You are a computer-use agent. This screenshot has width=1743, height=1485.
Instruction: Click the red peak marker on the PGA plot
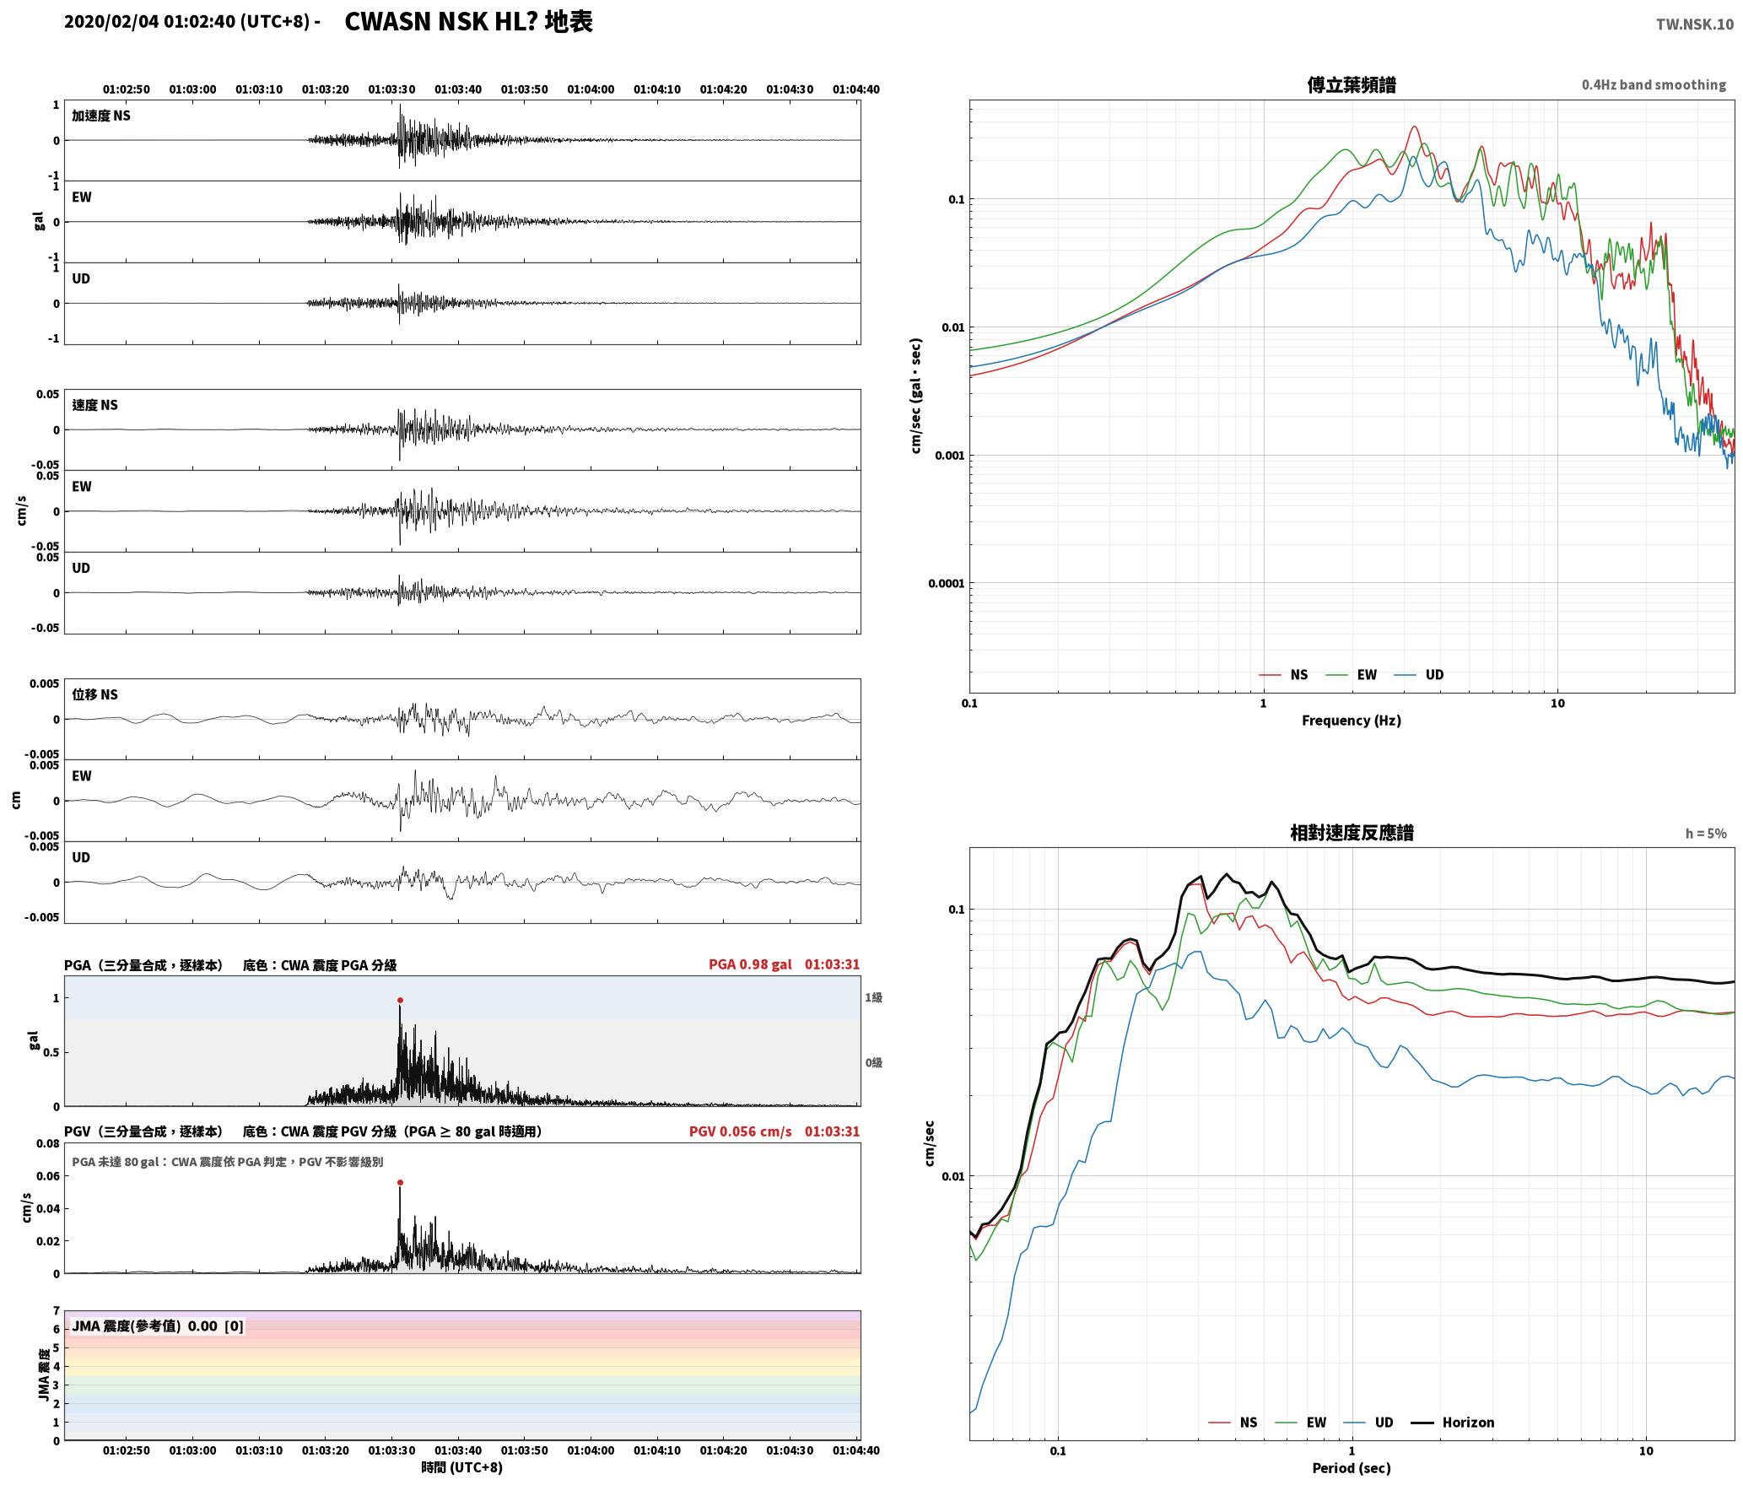400,1001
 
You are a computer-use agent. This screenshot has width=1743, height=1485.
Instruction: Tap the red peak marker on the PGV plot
400,1183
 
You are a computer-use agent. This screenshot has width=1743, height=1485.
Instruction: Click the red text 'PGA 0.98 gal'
750,964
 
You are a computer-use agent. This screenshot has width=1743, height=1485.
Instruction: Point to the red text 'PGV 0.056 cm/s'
740,1131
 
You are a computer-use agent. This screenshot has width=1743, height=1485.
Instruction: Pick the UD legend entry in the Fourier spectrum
1419,675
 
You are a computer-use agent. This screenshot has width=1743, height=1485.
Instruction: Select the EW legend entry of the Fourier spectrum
1352,675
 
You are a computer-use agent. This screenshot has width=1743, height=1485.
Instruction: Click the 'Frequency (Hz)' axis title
1352,721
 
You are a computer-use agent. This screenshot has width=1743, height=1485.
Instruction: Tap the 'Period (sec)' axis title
1352,1468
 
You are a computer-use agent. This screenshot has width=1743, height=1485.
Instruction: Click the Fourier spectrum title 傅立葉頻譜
1352,85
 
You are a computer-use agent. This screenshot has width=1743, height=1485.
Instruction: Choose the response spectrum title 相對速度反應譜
1352,833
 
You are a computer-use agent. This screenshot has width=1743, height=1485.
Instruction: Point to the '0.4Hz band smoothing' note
1654,85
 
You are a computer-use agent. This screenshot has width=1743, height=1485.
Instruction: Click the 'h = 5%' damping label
1706,834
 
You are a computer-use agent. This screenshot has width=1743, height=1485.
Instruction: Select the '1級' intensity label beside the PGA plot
873,998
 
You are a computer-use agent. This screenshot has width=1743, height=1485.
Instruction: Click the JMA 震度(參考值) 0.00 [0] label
158,1326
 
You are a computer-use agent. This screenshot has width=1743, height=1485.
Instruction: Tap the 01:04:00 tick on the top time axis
591,89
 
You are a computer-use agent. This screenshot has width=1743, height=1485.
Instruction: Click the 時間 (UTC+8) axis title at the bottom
462,1468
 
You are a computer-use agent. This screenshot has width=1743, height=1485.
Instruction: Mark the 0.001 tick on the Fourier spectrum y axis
949,456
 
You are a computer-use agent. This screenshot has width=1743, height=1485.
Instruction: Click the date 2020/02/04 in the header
111,22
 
